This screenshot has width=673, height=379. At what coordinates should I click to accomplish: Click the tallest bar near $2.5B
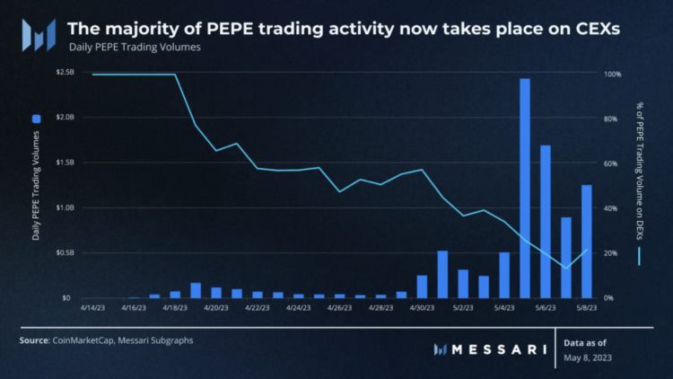tap(525, 189)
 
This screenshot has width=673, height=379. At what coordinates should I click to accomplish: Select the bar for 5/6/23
tap(545, 221)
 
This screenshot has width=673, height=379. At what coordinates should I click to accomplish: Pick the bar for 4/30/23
tap(422, 286)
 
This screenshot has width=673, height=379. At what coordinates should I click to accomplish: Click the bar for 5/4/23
tap(504, 275)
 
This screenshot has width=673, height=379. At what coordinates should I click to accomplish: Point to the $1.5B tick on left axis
tap(65, 163)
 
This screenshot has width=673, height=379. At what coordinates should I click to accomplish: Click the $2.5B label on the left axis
tap(65, 73)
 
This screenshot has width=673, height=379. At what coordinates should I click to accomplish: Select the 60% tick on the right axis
tap(611, 163)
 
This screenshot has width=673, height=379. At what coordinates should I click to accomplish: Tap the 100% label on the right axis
tap(613, 73)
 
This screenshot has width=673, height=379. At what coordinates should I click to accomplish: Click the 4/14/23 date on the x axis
tap(92, 307)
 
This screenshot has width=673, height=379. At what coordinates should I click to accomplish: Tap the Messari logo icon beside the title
tap(39, 35)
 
